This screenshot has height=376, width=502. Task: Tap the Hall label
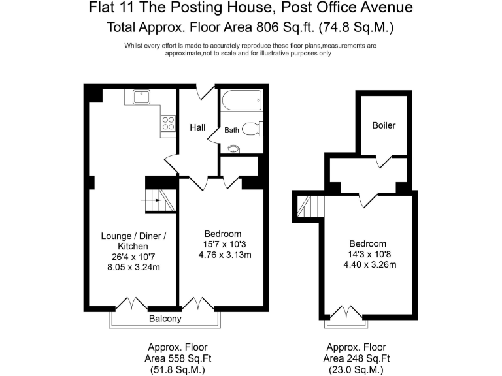point(198,127)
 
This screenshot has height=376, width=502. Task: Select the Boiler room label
point(384,125)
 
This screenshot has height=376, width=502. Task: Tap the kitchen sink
point(142,97)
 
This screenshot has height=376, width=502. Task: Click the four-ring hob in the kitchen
point(168,123)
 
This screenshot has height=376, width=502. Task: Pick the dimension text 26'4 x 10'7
point(133,257)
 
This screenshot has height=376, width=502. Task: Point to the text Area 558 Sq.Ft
point(178,358)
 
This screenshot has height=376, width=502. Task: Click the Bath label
point(232,130)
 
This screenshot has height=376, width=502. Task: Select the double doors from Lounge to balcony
point(132,304)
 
